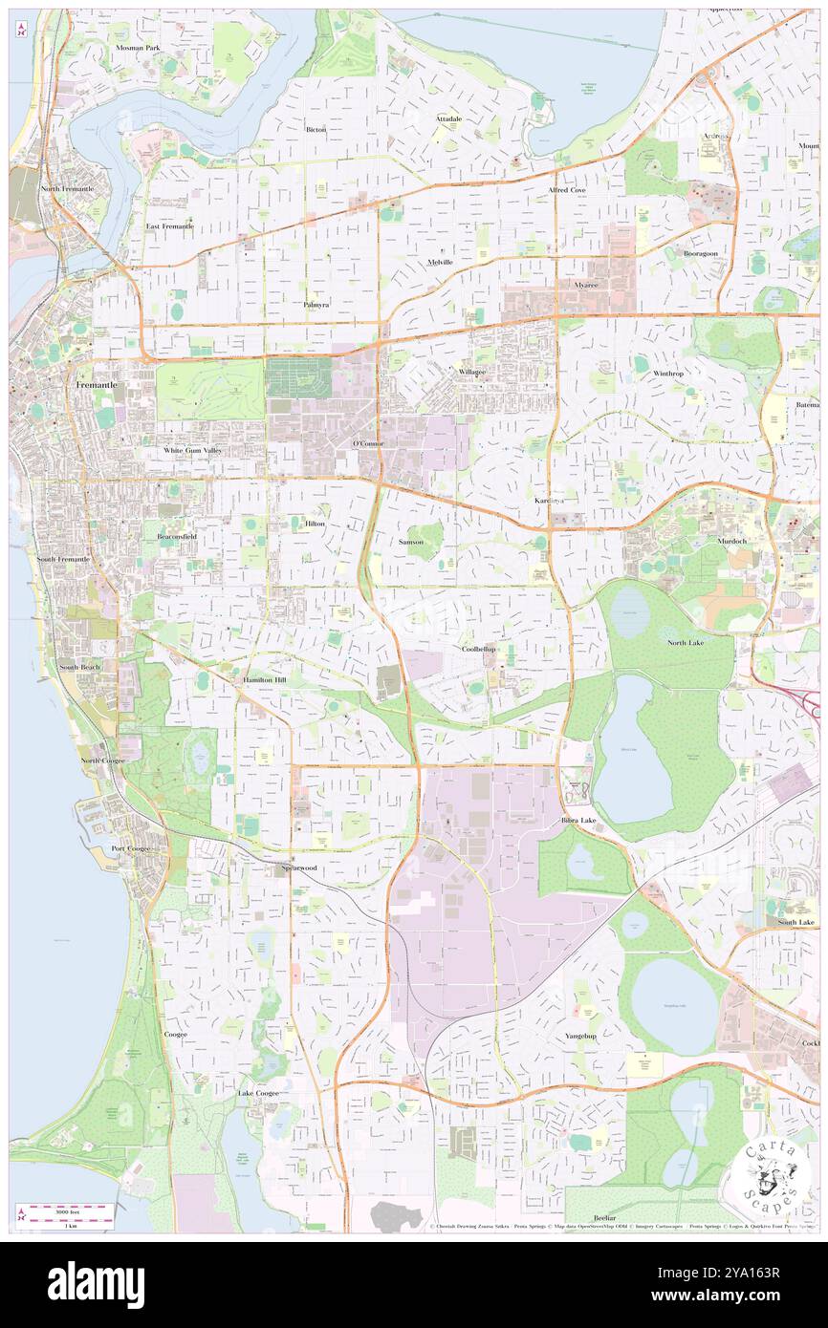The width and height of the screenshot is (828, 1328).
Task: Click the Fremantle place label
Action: coord(96,384)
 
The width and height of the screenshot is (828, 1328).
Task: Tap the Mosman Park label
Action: coord(138,47)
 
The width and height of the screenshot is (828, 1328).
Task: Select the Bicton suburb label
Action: coord(316,129)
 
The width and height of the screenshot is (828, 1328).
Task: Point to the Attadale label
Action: coord(448,118)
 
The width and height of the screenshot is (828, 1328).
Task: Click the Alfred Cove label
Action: coord(567,190)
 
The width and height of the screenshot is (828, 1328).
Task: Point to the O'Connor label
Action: coord(368,444)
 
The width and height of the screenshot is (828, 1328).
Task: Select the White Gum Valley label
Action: coord(192,449)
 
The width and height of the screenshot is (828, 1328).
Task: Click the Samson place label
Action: coord(410,542)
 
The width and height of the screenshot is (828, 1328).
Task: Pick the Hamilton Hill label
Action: coord(264,679)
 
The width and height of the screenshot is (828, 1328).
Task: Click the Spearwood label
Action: coord(298,867)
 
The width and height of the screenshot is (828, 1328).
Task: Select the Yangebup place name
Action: coord(580,1036)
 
